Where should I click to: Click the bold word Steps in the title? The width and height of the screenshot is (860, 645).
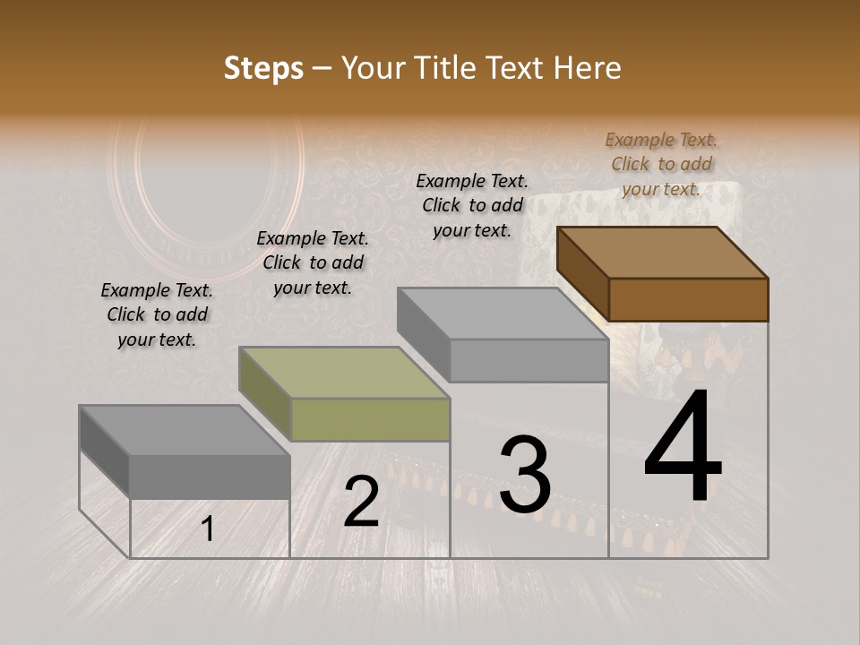pos(263,68)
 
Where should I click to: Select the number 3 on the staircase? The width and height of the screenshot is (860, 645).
pos(524,475)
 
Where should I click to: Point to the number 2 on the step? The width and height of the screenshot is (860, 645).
pos(361,502)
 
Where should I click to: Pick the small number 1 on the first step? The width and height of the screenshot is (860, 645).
pos(208,529)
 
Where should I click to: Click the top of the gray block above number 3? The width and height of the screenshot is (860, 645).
pos(503,314)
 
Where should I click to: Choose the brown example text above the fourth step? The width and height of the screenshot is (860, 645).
pos(661,164)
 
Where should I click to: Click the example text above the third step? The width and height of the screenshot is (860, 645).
pos(472,205)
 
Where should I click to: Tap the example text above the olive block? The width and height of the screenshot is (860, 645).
pos(313,262)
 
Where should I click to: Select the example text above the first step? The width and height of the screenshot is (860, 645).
pos(157,314)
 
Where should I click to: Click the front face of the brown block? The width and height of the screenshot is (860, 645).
pos(688,299)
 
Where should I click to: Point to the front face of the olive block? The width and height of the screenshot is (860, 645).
pos(371,419)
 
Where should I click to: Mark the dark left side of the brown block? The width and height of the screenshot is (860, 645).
pos(582,272)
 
